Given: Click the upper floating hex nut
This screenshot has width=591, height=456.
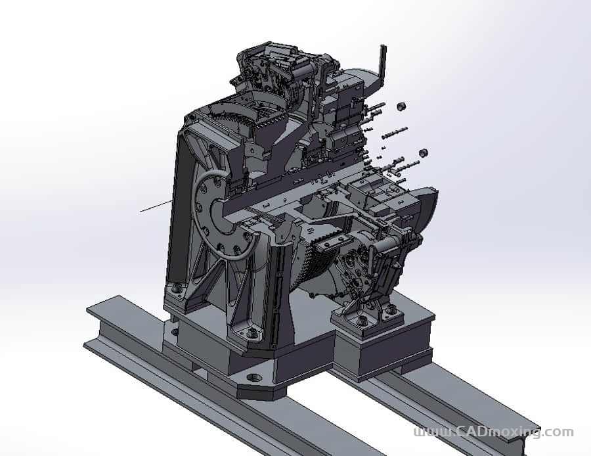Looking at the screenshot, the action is (x=401, y=106).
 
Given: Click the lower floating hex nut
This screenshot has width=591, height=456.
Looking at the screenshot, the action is (x=424, y=152).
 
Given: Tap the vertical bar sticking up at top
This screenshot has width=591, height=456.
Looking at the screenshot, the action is (x=383, y=64).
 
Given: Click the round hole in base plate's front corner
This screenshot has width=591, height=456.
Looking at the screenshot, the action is (x=253, y=378).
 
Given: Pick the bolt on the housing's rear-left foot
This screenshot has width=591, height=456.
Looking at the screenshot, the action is (x=176, y=289).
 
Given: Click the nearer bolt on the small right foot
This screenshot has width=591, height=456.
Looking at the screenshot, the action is (x=362, y=322).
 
